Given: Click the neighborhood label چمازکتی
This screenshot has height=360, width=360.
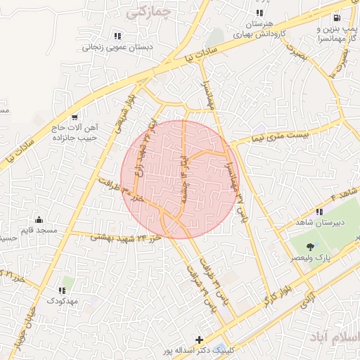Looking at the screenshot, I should coord(147,13).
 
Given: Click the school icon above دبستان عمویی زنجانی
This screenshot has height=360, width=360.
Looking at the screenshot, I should coord(117,35).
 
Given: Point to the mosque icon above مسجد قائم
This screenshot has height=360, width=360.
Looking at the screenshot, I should coord(39,219).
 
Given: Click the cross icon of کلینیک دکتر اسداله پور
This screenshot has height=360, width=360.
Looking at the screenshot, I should coord(200,340).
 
